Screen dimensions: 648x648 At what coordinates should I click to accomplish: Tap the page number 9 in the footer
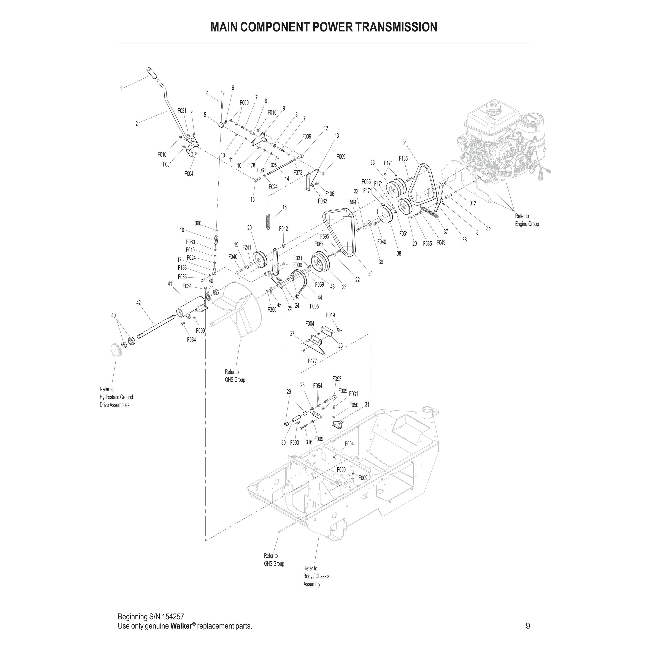[x=528, y=626]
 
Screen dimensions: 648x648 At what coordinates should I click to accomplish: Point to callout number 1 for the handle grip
[x=121, y=89]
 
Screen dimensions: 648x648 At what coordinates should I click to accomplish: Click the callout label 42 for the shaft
[x=138, y=303]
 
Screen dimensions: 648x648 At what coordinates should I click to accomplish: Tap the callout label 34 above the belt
[x=405, y=142]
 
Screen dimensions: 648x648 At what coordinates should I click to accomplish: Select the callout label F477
[x=312, y=361]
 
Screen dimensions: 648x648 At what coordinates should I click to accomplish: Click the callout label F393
[x=337, y=379]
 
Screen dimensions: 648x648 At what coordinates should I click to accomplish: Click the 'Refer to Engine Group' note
[x=527, y=220]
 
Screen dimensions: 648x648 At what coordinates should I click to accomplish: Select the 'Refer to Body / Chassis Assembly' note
[x=316, y=576]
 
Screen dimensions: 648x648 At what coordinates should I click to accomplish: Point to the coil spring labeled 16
[x=268, y=222]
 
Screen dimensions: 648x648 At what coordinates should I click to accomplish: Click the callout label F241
[x=246, y=248]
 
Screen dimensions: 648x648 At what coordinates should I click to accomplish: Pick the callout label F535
[x=427, y=243]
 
